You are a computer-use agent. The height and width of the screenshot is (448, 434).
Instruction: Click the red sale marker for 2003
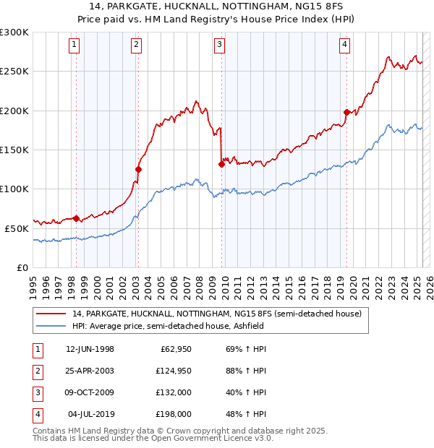click(x=138, y=169)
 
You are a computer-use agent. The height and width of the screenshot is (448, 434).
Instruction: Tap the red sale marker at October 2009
click(x=221, y=164)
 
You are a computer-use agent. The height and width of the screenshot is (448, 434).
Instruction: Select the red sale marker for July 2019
click(x=346, y=112)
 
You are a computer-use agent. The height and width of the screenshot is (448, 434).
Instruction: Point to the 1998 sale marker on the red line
click(x=76, y=217)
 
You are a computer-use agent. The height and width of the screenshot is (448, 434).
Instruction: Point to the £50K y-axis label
click(x=17, y=228)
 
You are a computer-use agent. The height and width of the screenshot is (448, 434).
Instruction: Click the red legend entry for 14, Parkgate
click(x=210, y=314)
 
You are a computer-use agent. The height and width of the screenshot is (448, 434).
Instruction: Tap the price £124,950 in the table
click(x=172, y=371)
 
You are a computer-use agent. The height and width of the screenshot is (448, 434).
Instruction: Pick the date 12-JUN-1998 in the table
click(x=90, y=349)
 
